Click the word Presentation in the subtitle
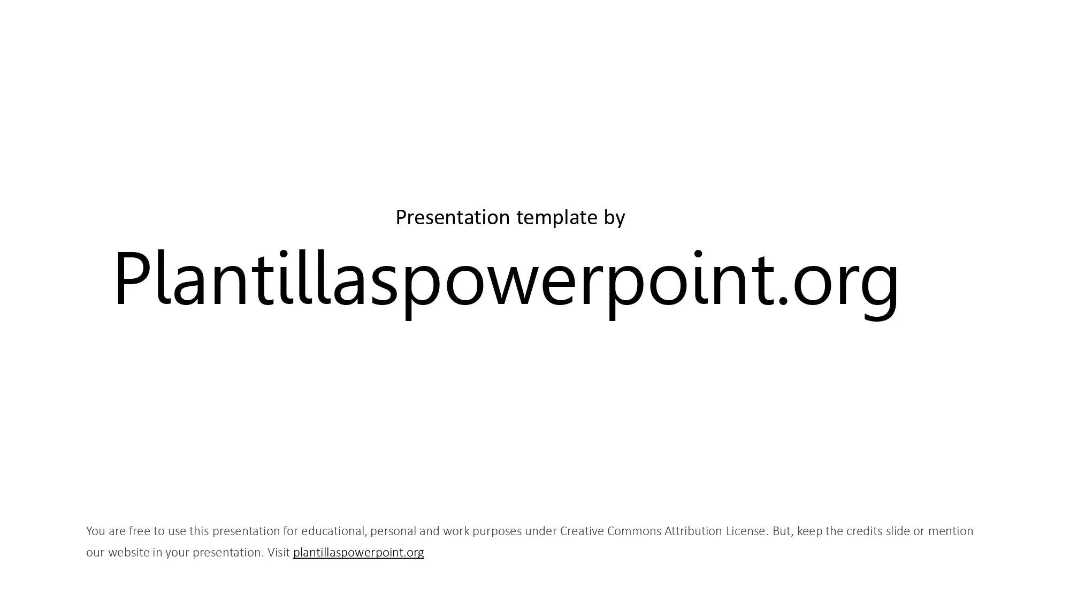tap(453, 217)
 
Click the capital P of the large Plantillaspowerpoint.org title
tap(133, 278)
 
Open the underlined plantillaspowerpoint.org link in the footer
tap(358, 552)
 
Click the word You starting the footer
tap(95, 531)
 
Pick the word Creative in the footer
tap(582, 531)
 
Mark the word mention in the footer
tap(951, 531)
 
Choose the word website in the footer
tap(128, 552)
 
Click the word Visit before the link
tap(279, 552)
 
